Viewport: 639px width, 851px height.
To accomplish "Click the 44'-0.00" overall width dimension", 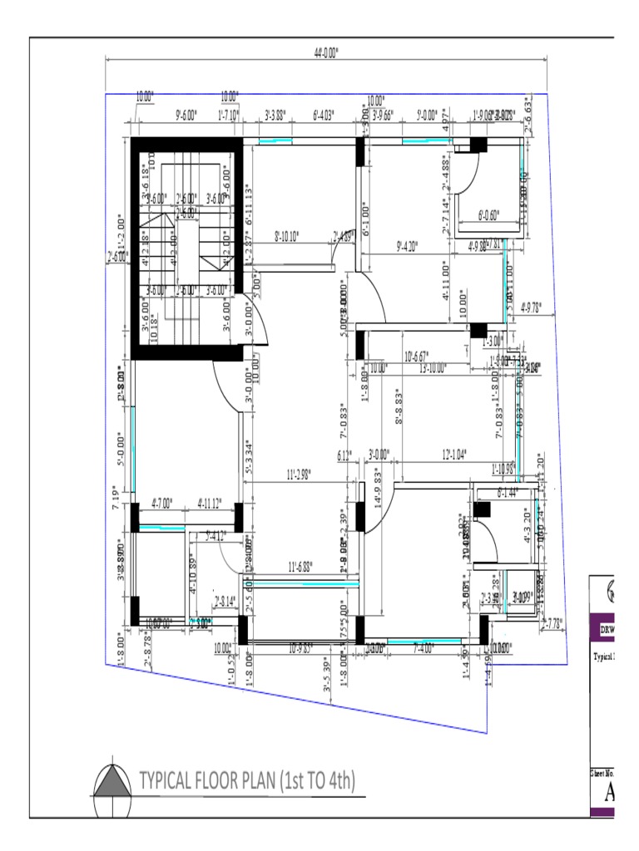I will (326, 52).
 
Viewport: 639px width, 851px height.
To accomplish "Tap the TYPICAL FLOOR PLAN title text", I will (247, 780).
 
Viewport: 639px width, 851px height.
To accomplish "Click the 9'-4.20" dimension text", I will (408, 245).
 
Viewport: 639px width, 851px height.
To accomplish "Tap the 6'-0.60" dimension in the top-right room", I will (489, 215).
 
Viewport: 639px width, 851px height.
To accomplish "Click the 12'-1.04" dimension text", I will (454, 454).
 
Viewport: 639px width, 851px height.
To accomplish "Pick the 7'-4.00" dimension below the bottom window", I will (424, 647).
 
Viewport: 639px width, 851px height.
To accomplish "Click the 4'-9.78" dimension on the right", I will (530, 307).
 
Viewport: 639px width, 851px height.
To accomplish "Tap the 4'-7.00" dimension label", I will (161, 503).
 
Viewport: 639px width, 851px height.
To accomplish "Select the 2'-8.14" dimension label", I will (225, 601).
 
